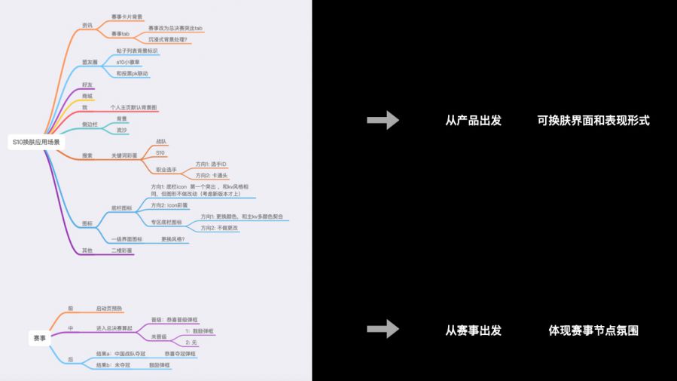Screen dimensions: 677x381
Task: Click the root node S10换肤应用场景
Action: pos(36,141)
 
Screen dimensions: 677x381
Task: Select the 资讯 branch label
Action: pos(87,26)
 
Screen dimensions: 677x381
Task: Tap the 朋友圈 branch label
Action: pos(90,62)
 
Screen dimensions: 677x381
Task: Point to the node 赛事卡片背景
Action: pos(127,16)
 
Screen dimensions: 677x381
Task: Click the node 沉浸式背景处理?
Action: pos(167,38)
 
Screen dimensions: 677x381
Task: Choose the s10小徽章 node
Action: pos(130,62)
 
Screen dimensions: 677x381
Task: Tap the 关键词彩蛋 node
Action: pos(126,155)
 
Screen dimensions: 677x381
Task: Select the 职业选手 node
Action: pos(166,170)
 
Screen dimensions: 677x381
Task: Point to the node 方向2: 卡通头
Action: pos(214,175)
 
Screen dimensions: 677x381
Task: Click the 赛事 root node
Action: pos(39,338)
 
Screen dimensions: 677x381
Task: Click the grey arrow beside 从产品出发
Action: pos(383,120)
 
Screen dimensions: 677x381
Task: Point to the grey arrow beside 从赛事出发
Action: pos(383,329)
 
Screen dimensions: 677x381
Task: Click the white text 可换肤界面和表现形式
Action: pos(593,121)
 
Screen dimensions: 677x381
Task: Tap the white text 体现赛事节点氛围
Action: pos(593,330)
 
